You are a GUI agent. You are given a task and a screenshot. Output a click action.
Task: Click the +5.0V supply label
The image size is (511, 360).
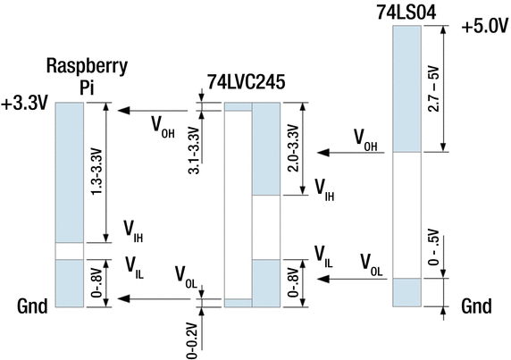click(x=483, y=27)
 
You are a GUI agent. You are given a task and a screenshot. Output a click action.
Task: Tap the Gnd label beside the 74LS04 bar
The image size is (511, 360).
click(x=476, y=306)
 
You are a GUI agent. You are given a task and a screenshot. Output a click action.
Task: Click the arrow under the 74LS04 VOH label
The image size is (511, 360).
click(x=354, y=153)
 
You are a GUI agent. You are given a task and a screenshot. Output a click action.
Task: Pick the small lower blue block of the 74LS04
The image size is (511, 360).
click(x=406, y=291)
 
